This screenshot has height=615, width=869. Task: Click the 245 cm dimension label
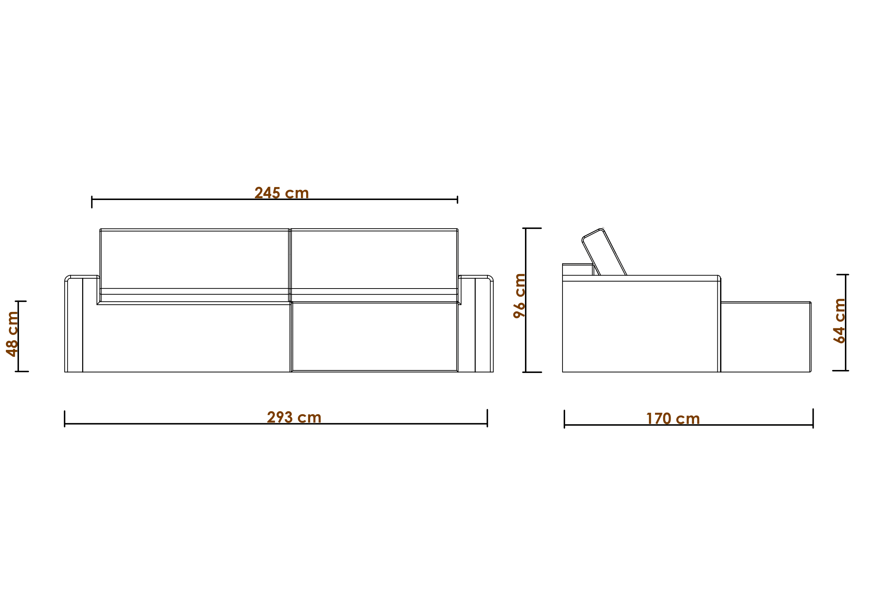pyautogui.click(x=282, y=193)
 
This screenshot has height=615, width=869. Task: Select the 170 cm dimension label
pyautogui.click(x=673, y=419)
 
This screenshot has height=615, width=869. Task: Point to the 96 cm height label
pyautogui.click(x=519, y=296)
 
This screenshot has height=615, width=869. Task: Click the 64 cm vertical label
pyautogui.click(x=839, y=321)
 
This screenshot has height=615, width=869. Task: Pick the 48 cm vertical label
pyautogui.click(x=12, y=334)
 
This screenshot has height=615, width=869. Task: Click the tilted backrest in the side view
pyautogui.click(x=604, y=252)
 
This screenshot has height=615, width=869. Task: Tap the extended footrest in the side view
pyautogui.click(x=765, y=337)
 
